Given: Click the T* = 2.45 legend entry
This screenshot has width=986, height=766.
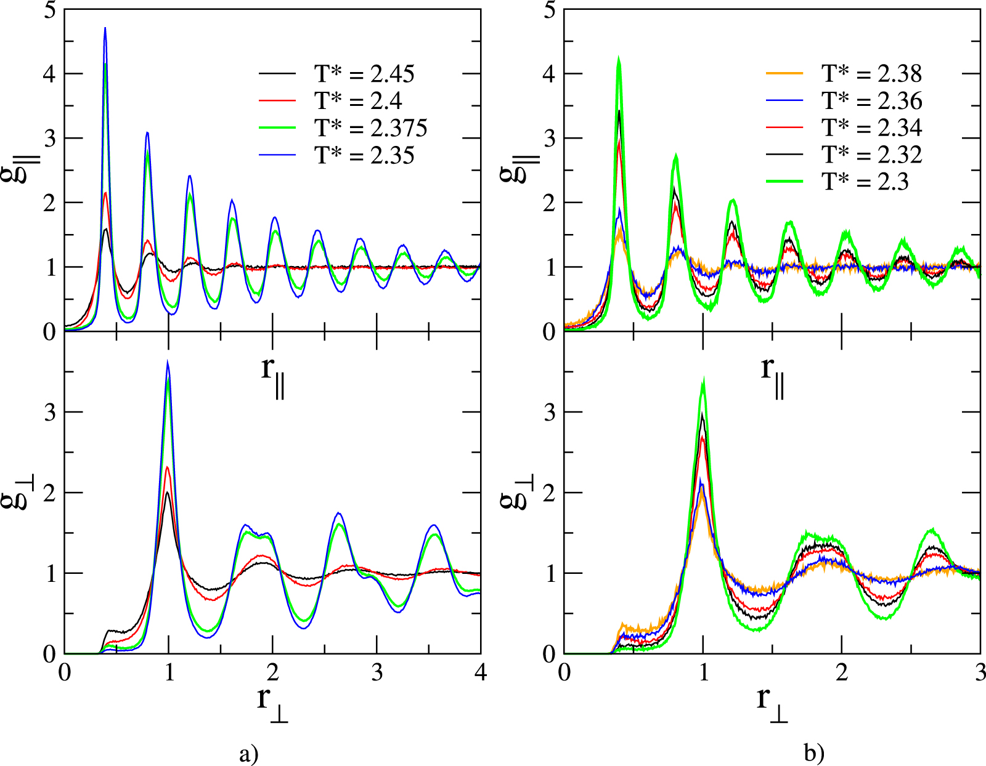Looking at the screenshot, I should coord(364,74).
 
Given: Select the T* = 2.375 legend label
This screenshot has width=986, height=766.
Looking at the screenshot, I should coord(370,128).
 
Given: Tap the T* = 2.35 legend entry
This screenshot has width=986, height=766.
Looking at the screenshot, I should coord(364,155).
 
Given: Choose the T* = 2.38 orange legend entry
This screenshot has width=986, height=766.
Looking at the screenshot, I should coord(871,74).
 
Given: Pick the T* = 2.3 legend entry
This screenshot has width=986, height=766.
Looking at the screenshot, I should coord(865,182).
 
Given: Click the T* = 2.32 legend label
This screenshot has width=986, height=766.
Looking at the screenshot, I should coord(871,155).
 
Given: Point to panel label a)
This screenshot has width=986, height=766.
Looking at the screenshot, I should coord(248,754).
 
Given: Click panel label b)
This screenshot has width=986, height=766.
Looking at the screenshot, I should coord(813,754).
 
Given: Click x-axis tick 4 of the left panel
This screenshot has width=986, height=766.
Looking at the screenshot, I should coord(480,672).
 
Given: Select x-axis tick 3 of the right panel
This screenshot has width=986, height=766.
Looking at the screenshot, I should coord(980,672).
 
